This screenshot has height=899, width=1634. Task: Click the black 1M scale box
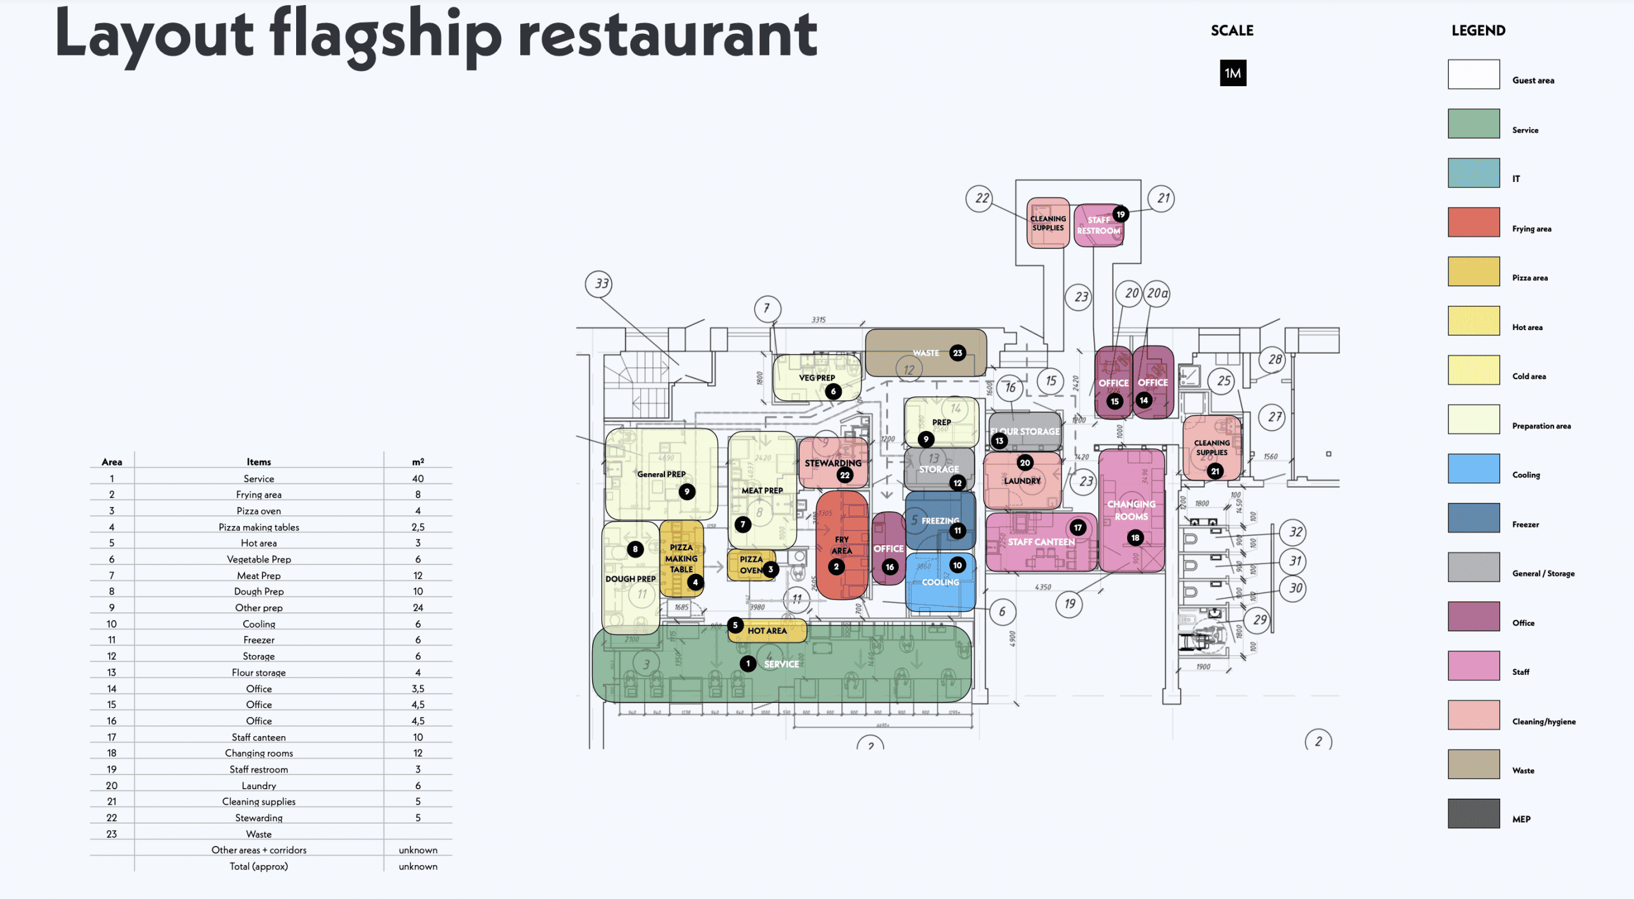click(1233, 73)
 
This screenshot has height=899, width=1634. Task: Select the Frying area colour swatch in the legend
click(1473, 222)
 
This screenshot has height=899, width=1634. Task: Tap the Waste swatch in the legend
click(1473, 764)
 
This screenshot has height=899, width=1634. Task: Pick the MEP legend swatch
click(1473, 813)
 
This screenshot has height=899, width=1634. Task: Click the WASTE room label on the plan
click(926, 353)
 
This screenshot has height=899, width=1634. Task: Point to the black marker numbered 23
click(957, 353)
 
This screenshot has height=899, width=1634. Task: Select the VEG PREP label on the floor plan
click(816, 378)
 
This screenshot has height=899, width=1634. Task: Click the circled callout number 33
click(601, 283)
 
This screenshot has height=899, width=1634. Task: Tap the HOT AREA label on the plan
click(767, 631)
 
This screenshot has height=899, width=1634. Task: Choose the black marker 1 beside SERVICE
click(748, 664)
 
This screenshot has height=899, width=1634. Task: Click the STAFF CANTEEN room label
click(1041, 542)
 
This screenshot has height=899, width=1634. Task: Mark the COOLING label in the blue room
click(940, 582)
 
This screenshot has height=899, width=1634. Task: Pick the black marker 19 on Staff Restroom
click(1121, 215)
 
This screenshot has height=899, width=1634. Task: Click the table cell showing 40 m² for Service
click(417, 478)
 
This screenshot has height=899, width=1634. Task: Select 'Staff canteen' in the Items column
click(259, 737)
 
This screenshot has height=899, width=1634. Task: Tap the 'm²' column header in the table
click(417, 462)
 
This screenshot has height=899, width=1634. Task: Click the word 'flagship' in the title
click(386, 35)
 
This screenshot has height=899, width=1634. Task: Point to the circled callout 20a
click(1157, 294)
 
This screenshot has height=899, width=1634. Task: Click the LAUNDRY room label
click(1022, 481)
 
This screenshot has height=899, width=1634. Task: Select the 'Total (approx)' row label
click(259, 866)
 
